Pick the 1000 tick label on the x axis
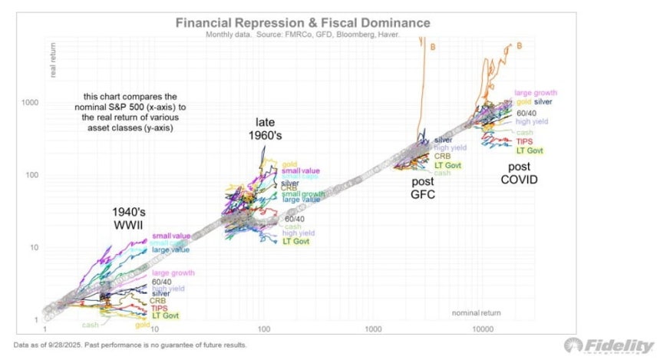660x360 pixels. tap(374, 329)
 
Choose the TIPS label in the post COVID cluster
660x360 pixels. tap(523, 141)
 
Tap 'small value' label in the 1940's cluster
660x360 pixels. tap(170, 235)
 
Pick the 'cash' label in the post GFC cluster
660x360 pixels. tap(442, 173)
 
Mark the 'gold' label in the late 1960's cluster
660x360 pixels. tap(289, 163)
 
